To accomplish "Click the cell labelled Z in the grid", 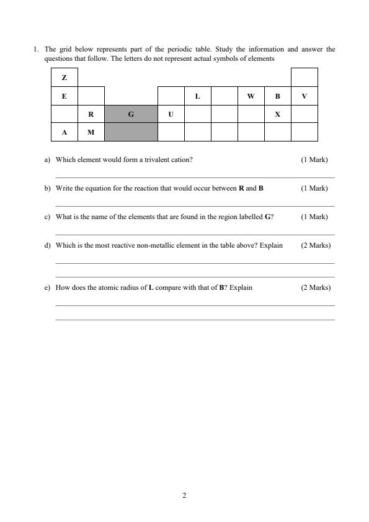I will [64, 78].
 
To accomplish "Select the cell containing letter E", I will [64, 96].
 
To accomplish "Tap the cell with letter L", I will [197, 96].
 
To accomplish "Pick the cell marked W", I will [251, 96].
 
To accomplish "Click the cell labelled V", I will [304, 96].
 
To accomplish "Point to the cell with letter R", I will [91, 114].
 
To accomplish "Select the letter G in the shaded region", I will [131, 114].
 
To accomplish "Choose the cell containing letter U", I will [171, 114].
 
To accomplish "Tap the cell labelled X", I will [277, 114].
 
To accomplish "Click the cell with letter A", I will [64, 132].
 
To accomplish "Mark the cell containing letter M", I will [91, 132].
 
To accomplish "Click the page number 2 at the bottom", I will [184, 495].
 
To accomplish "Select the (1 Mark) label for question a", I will [314, 160].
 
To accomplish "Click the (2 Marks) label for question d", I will [316, 245].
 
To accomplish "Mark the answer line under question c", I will [195, 235].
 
